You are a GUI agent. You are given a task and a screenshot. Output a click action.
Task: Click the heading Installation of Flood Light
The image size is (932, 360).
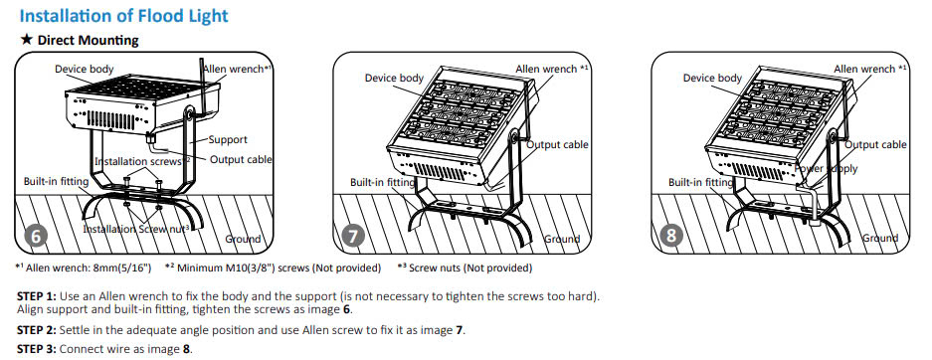[x=123, y=16]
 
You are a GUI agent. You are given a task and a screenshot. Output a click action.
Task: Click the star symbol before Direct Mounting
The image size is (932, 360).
[x=26, y=40]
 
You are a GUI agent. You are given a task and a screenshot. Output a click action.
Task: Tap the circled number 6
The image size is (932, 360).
[x=36, y=237]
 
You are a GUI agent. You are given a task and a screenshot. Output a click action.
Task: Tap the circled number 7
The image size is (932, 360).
[x=353, y=237]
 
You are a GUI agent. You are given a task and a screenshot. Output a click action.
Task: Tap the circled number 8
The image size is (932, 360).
[x=671, y=237]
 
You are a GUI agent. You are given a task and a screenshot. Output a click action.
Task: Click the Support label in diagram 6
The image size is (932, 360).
[x=228, y=140]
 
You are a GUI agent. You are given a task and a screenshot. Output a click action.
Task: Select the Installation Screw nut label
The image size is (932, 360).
[x=135, y=229]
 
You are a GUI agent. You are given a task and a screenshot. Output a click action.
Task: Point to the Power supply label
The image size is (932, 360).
[x=827, y=169]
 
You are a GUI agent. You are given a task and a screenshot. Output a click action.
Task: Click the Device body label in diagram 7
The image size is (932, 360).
[x=394, y=78]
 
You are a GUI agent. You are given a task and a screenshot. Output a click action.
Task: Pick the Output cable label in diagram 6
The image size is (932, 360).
[x=241, y=159]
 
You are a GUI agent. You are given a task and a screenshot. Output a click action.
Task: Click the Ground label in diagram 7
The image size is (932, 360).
[x=562, y=239]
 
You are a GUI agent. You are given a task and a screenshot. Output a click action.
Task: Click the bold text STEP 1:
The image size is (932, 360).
[x=37, y=296]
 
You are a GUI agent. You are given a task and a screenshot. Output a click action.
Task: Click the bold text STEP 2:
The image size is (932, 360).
[x=37, y=330]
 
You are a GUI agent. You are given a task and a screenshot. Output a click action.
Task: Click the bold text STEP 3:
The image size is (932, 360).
[x=37, y=349]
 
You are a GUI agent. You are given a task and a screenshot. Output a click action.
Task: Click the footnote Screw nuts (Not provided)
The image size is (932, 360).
[x=470, y=268]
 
